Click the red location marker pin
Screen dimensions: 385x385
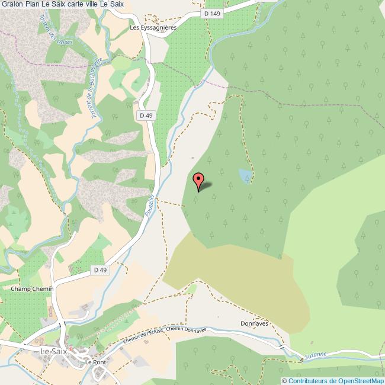199,181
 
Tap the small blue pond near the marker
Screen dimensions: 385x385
244,175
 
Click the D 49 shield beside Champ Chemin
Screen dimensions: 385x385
100,270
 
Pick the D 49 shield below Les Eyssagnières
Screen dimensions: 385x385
146,115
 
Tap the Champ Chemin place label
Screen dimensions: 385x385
33,288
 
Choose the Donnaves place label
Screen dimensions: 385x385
255,324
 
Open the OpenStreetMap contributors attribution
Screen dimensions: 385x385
333,380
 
